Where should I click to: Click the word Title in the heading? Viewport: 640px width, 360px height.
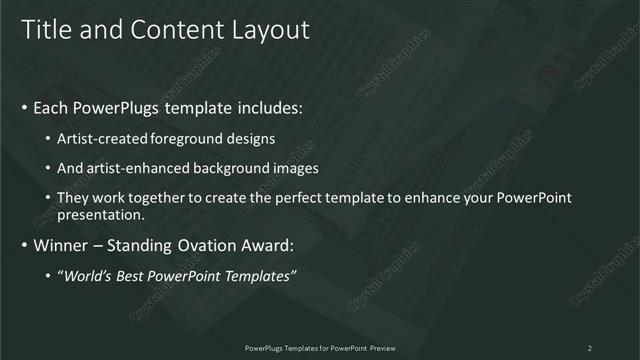pyautogui.click(x=44, y=30)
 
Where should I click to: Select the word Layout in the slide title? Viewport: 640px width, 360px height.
pyautogui.click(x=271, y=30)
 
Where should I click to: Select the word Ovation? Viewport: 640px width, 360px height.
pyautogui.click(x=197, y=245)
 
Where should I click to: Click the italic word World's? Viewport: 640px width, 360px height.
pyautogui.click(x=91, y=274)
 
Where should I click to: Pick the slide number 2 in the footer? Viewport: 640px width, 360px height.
pyautogui.click(x=589, y=348)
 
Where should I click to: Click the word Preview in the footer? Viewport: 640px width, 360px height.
pyautogui.click(x=379, y=348)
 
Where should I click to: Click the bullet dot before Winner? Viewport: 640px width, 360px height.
pyautogui.click(x=23, y=245)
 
